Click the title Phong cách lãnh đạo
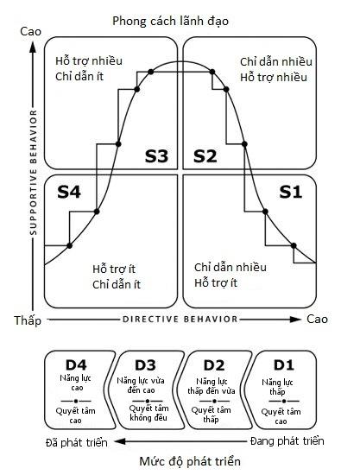coord(170,22)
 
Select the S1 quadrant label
coord(290,192)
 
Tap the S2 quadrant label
coord(205,156)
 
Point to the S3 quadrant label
coord(156,156)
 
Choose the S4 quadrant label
coord(69,192)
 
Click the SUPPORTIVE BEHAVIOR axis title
coord(34,173)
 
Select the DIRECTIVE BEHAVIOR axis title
coord(180,320)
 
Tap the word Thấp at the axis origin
coord(28,320)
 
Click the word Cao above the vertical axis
coord(30,31)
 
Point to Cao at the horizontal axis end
coord(317,319)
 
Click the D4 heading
coord(76,365)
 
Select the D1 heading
coord(284,365)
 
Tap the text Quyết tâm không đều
coord(148,413)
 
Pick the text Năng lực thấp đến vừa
coord(212,386)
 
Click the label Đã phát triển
coord(77,443)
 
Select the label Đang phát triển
coord(287,441)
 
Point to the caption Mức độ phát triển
coord(190,462)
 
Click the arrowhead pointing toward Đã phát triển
coord(120,441)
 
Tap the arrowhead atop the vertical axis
coord(33,47)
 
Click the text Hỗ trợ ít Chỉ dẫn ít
coord(117,277)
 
